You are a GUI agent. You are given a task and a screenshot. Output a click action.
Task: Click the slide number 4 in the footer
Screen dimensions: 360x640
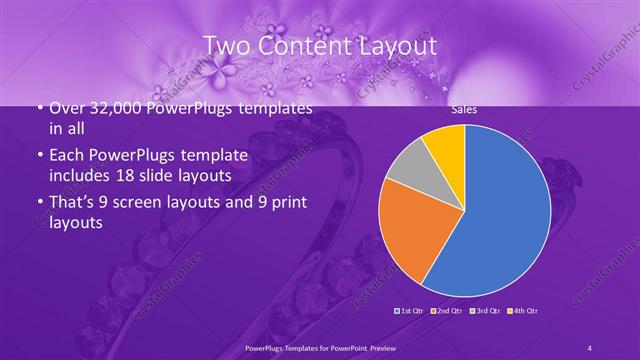click(590, 347)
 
